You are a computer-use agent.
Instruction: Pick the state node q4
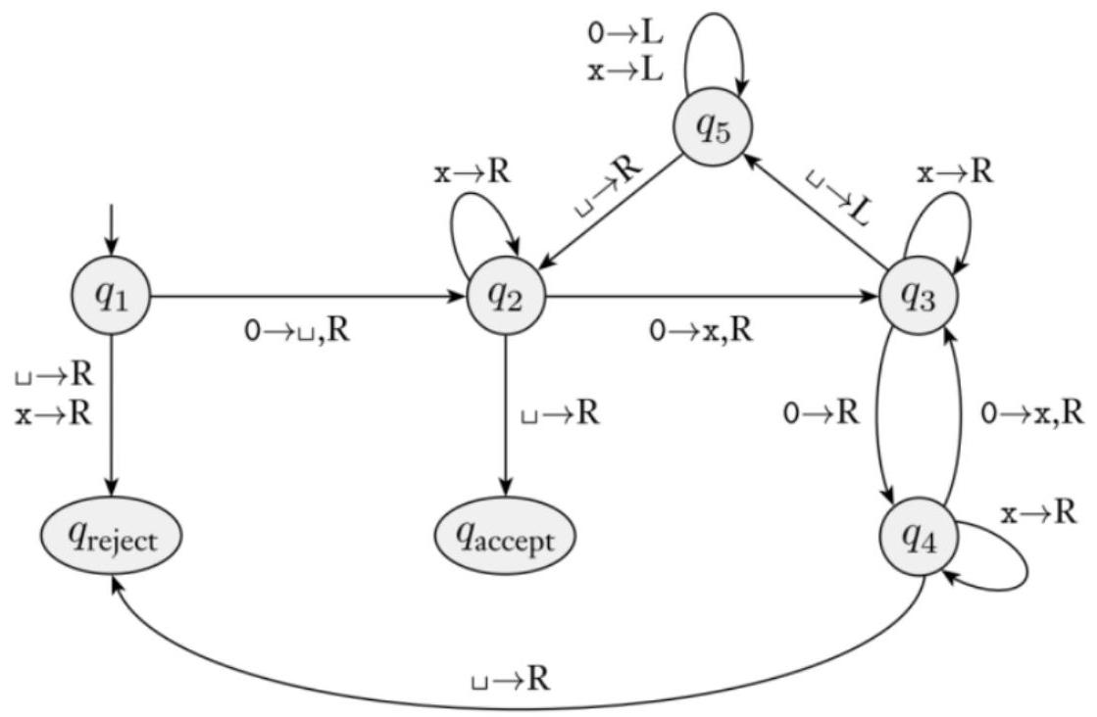(x=919, y=538)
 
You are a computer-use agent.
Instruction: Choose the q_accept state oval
(x=506, y=537)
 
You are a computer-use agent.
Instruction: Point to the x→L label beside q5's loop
(x=625, y=72)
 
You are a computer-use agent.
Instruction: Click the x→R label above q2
(x=472, y=173)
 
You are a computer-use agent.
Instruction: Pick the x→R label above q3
(x=955, y=172)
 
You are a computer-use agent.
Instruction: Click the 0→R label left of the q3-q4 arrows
(x=822, y=413)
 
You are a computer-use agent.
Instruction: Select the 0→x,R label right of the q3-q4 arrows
(x=1032, y=413)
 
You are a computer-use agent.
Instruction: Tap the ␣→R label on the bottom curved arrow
(x=510, y=679)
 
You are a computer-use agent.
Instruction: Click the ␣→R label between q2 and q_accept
(x=560, y=413)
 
